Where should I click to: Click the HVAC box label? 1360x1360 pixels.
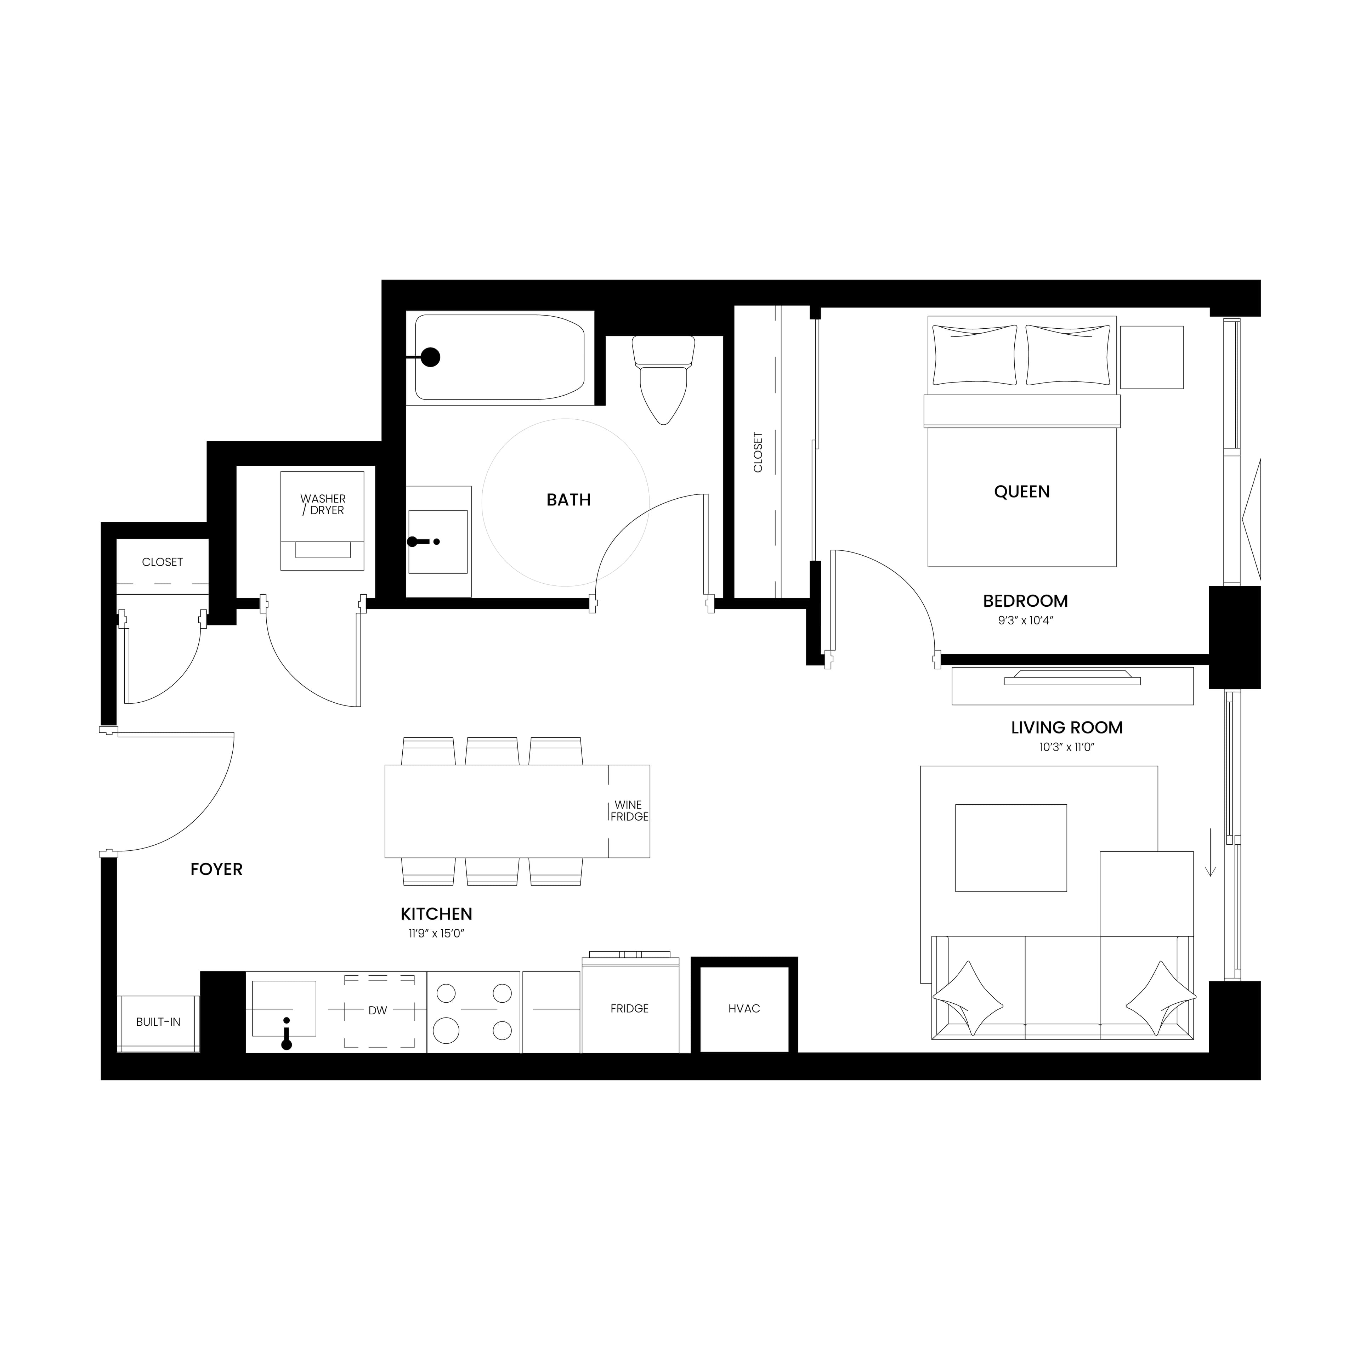coord(744,1009)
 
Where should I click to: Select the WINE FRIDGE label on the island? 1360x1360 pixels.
coord(629,811)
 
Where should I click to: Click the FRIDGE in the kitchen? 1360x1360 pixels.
coord(629,1009)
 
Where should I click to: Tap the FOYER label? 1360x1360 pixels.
coord(216,869)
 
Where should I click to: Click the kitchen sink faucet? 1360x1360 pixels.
coord(287,1035)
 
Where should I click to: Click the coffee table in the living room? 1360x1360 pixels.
coord(1010,848)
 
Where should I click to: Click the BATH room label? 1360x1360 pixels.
coord(568,500)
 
